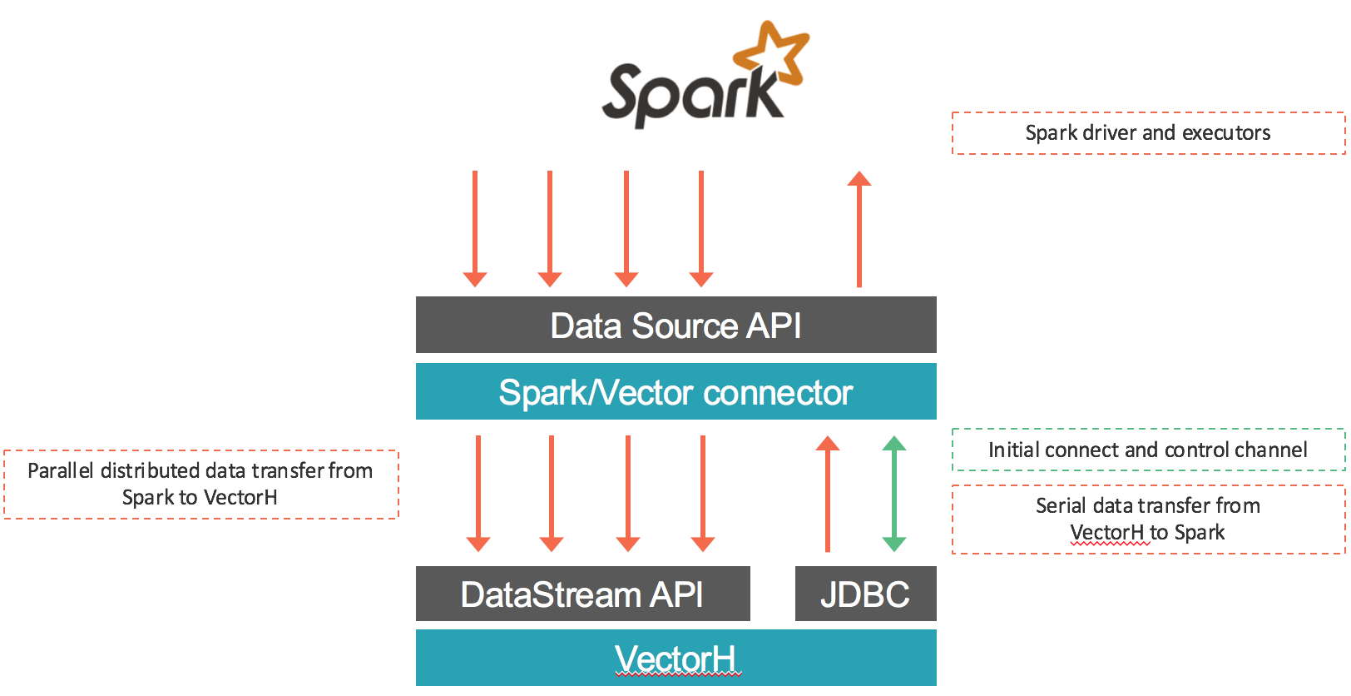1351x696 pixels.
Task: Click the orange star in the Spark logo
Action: [x=772, y=56]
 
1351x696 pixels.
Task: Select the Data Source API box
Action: [x=675, y=325]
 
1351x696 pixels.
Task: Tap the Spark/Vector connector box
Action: [x=675, y=391]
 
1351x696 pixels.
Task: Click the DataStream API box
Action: [x=582, y=594]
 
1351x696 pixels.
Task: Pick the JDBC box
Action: [x=865, y=594]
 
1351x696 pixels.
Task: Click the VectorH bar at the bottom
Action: [x=675, y=658]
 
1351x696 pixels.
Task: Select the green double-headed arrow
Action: [x=894, y=493]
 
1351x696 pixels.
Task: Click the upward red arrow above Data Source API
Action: [x=859, y=229]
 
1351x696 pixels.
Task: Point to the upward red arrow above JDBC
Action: [x=827, y=493]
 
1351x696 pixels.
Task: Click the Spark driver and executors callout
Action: [x=1148, y=133]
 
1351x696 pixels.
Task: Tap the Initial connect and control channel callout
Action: [x=1148, y=450]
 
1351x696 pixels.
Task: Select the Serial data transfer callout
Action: [x=1148, y=519]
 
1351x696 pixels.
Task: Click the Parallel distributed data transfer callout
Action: [x=200, y=485]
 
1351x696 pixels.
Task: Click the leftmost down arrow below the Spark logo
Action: [x=475, y=229]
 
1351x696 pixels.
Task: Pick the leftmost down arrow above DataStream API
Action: [x=478, y=493]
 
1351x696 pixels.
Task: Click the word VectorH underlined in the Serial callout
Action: [x=1107, y=532]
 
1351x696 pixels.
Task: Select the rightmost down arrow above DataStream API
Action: [x=703, y=493]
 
